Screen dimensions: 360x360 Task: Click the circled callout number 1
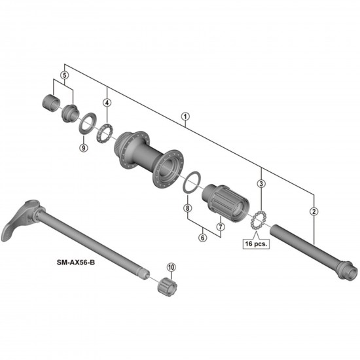point(185,119)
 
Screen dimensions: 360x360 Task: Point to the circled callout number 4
point(107,102)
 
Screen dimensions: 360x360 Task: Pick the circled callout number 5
point(63,75)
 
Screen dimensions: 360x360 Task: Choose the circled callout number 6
point(203,238)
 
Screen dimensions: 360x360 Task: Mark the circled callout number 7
point(221,227)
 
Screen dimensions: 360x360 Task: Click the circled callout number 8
point(187,208)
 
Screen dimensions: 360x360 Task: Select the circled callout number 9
point(83,148)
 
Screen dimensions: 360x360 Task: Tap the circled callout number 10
point(171,266)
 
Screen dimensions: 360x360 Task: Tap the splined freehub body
point(226,200)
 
